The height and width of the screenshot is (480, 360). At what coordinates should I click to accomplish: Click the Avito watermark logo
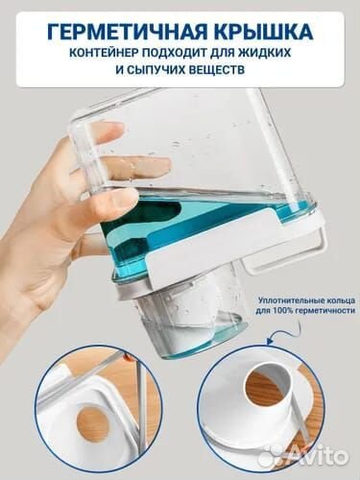click(294, 455)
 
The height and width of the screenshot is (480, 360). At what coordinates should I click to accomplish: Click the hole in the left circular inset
click(92, 423)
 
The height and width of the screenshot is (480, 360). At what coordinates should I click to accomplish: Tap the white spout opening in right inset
click(265, 385)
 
